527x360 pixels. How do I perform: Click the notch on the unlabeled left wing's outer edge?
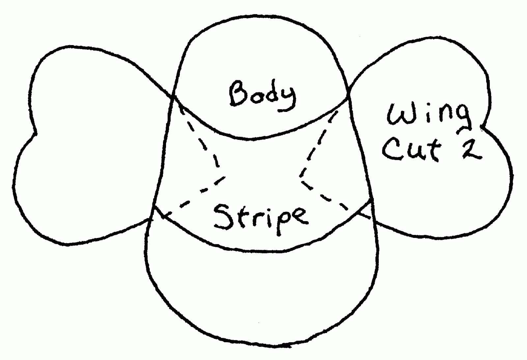(36, 134)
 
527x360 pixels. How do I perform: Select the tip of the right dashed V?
(301, 178)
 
